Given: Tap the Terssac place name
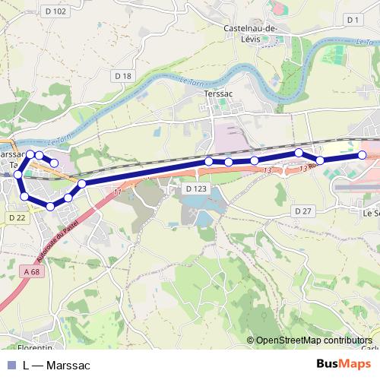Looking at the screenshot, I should coord(218,93).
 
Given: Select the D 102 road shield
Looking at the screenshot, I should coord(56,11).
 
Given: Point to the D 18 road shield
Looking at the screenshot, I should coord(123,75).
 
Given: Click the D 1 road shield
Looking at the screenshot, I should coord(351,19).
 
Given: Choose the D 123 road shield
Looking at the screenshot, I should coord(196,188).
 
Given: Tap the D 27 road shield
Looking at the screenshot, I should coord(303,211).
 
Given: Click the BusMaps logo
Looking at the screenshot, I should coord(339,365).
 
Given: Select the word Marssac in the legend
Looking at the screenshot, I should coord(68,366).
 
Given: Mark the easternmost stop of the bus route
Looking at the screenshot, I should coord(362,155).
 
